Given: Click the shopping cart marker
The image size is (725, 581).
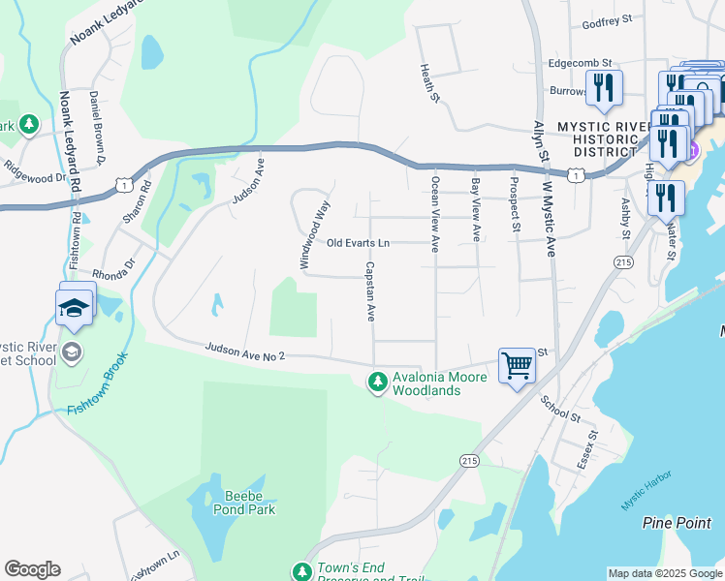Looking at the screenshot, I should pos(518,367).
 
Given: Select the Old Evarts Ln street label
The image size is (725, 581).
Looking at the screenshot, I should pos(358,243).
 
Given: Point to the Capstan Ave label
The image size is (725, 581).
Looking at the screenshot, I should pos(369,290).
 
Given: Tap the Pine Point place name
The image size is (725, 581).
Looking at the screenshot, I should pos(677,523).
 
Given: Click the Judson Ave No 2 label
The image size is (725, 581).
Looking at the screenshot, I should pos(244,352).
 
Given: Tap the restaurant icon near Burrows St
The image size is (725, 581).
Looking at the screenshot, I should pos(604,88).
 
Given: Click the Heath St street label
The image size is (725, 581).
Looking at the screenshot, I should pos(426,83).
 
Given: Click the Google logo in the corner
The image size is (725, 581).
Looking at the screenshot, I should pos(32,568).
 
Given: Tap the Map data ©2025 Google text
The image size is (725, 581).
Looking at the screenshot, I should pos(664,573).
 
